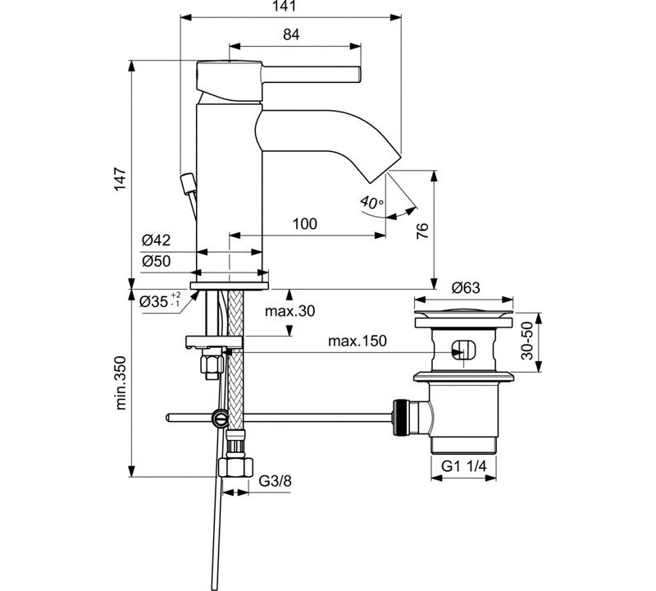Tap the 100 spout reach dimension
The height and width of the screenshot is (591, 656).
click(304, 224)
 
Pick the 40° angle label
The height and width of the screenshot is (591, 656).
click(371, 203)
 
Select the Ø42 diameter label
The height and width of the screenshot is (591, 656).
click(156, 241)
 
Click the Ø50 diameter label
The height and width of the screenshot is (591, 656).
click(156, 260)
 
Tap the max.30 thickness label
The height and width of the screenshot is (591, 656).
click(290, 311)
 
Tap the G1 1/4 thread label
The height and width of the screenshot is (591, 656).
click(464, 466)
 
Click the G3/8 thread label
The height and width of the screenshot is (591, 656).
click(276, 481)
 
